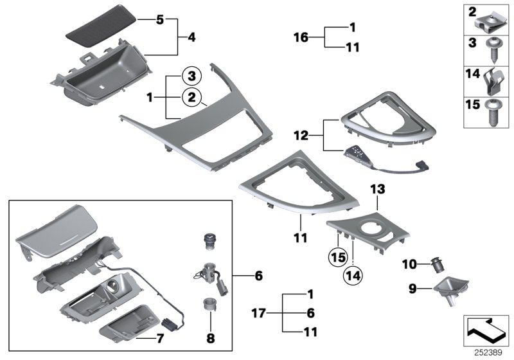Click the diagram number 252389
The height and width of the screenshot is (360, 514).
pos(490,353)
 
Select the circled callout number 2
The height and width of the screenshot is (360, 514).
pos(190,98)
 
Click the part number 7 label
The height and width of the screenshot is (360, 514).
pos(161,337)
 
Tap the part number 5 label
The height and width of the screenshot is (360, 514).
pos(160,20)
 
